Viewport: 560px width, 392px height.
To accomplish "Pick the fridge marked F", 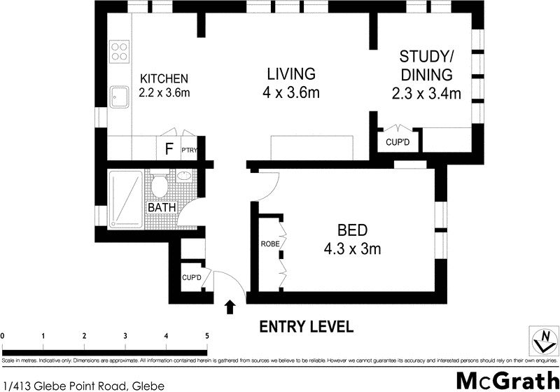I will (168, 148).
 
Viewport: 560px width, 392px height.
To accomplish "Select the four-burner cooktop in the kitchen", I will (118, 51).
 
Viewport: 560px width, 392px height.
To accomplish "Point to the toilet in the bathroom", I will (159, 185).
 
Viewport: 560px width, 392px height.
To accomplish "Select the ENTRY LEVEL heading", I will (306, 327).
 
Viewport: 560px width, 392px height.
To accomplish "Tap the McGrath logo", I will (505, 379).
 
